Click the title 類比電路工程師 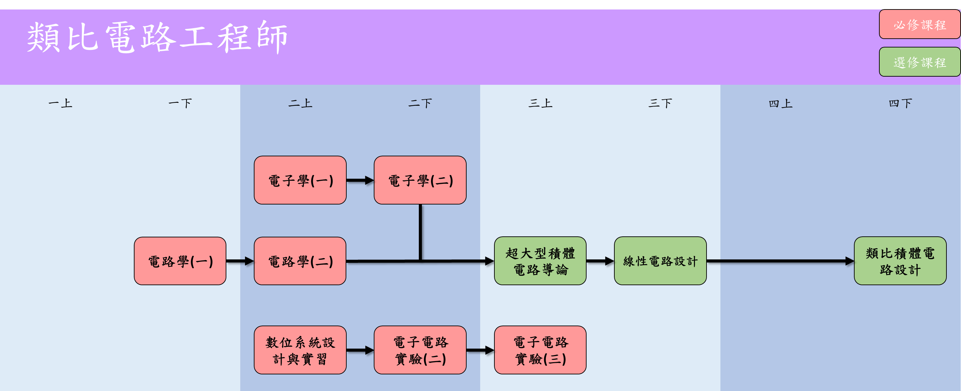point(157,37)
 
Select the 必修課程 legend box point(919,25)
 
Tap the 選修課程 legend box point(919,62)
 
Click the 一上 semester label point(60,103)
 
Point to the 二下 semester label point(420,103)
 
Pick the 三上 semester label point(540,103)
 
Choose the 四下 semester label point(900,103)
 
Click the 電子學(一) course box point(300,180)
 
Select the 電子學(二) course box point(420,180)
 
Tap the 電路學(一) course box point(180,261)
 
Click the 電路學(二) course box point(300,261)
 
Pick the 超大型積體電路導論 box point(540,261)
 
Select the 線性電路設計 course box point(660,261)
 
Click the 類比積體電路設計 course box point(900,261)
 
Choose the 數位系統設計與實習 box point(300,350)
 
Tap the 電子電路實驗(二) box point(420,350)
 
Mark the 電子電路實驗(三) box point(540,350)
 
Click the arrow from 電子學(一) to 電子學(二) point(360,180)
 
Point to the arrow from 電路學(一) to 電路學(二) point(240,261)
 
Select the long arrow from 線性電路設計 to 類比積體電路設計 point(780,261)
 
